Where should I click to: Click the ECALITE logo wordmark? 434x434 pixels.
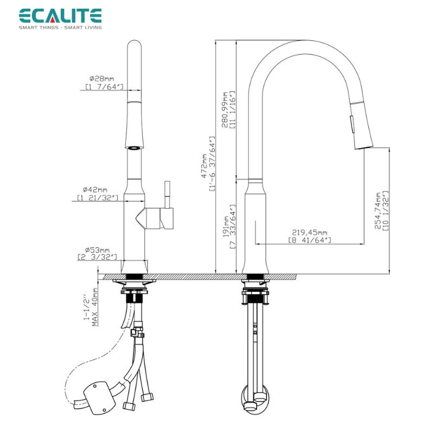point(60,16)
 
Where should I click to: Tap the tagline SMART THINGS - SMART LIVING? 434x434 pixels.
point(60,27)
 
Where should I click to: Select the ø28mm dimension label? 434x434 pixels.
point(103,79)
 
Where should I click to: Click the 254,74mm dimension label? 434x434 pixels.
point(378,211)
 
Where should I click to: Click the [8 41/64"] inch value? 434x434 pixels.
point(309,240)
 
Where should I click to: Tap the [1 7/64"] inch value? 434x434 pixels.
point(104,87)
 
